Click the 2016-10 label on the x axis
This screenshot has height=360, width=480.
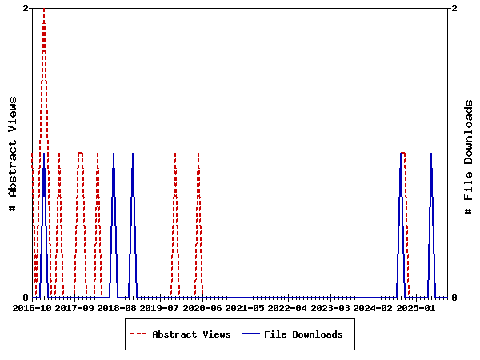pos(32,307)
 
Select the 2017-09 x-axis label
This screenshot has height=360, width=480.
pos(74,307)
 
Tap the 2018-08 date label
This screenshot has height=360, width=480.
pos(117,307)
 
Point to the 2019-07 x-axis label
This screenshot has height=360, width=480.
pos(159,307)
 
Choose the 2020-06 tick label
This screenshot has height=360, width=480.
pos(202,307)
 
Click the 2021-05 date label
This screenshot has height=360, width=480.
pos(244,307)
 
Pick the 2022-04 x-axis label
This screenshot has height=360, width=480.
pos(286,307)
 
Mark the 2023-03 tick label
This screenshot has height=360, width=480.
pos(330,307)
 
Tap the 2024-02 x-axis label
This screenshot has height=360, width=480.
pos(372,307)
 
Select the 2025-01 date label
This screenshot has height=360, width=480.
pos(414,307)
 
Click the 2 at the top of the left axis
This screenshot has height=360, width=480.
pos(26,8)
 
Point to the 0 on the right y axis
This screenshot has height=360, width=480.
pos(454,298)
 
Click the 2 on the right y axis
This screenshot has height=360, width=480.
pos(454,8)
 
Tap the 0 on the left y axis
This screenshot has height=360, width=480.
pos(26,298)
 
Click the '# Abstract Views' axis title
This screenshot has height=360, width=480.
pos(12,153)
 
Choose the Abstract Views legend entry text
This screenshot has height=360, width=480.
pos(191,334)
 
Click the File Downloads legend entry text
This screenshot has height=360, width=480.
pos(303,334)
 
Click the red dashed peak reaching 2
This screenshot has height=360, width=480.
pos(44,10)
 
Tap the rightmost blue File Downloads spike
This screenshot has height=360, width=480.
pos(431,154)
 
